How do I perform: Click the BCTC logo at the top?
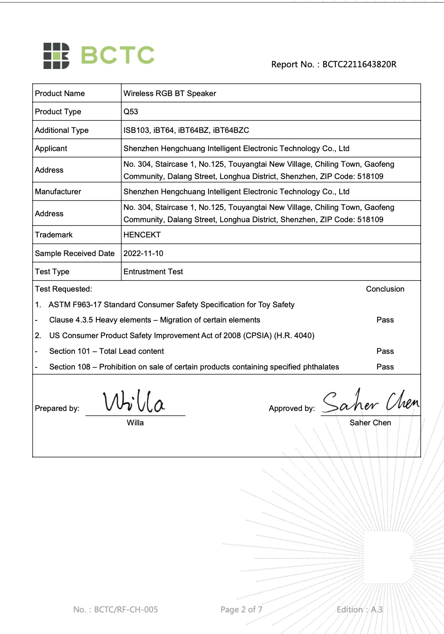[99, 55]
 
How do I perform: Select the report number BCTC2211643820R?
[359, 64]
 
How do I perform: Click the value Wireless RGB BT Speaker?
[170, 94]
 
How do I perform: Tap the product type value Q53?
[131, 112]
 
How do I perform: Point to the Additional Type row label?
[62, 130]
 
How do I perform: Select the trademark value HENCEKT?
[142, 235]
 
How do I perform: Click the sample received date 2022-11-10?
[143, 254]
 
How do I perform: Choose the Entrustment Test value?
[153, 272]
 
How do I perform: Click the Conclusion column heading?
[385, 289]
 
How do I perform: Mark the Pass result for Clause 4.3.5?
[385, 320]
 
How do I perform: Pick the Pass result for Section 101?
[385, 351]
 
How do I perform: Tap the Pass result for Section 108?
[385, 367]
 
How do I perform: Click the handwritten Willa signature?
[134, 402]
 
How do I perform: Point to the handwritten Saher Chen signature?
[370, 401]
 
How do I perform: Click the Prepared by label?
[57, 408]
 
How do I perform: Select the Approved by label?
[292, 408]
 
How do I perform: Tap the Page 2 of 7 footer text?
[241, 609]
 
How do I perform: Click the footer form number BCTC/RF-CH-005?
[115, 609]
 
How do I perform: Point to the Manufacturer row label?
[58, 192]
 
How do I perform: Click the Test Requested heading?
[63, 289]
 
